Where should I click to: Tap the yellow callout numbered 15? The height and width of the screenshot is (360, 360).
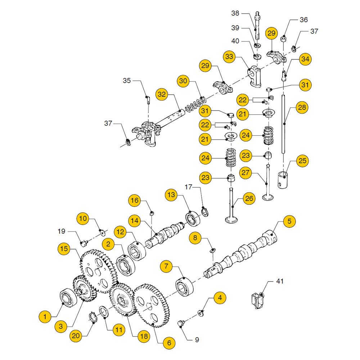(x=64, y=248)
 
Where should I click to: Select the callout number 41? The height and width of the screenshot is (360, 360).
(x=280, y=281)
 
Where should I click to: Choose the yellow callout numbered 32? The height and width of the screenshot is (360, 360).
(x=162, y=95)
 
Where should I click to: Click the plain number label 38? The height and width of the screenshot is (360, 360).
(x=235, y=13)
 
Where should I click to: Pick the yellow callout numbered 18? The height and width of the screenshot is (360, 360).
(x=144, y=337)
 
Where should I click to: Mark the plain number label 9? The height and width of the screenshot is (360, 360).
(x=197, y=339)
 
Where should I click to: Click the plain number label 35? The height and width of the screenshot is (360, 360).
(x=127, y=80)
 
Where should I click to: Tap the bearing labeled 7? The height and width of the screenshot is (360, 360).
(x=185, y=287)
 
